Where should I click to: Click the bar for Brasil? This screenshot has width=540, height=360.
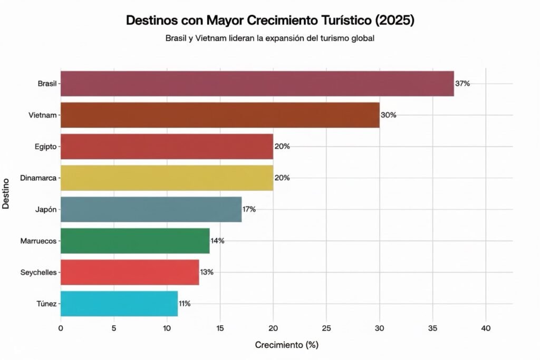pyautogui.click(x=257, y=83)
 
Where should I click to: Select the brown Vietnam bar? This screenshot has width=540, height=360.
pyautogui.click(x=220, y=115)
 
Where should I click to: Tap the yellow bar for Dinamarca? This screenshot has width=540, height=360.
pyautogui.click(x=167, y=178)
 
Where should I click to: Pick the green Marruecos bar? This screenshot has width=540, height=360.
pyautogui.click(x=135, y=241)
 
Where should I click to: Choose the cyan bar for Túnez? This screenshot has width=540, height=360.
pyautogui.click(x=119, y=304)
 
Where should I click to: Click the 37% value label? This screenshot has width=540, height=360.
pyautogui.click(x=462, y=83)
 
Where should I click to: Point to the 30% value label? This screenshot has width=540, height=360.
pyautogui.click(x=388, y=115)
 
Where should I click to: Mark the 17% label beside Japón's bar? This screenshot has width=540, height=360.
pyautogui.click(x=249, y=209)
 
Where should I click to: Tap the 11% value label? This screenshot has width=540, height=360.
pyautogui.click(x=185, y=304)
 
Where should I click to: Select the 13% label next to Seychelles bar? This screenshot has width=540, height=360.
pyautogui.click(x=206, y=272)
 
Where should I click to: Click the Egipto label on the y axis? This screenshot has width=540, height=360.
pyautogui.click(x=46, y=147)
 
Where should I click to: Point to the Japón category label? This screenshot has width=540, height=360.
pyautogui.click(x=47, y=209)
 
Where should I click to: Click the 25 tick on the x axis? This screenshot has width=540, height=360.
pyautogui.click(x=326, y=328)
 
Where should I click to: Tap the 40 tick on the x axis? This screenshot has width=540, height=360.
pyautogui.click(x=486, y=328)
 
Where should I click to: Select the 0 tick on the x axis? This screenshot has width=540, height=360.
pyautogui.click(x=61, y=328)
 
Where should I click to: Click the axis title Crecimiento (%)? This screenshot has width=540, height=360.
pyautogui.click(x=286, y=346)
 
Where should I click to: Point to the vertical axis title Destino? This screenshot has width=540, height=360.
pyautogui.click(x=6, y=193)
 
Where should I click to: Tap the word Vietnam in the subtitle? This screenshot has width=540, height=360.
pyautogui.click(x=211, y=38)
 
